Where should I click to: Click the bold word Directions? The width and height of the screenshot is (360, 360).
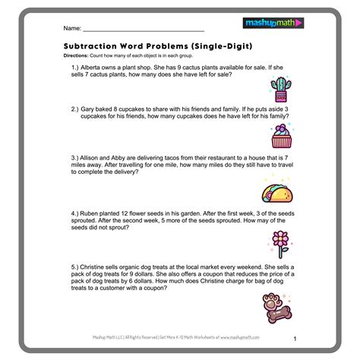pyautogui.click(x=77, y=55)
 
